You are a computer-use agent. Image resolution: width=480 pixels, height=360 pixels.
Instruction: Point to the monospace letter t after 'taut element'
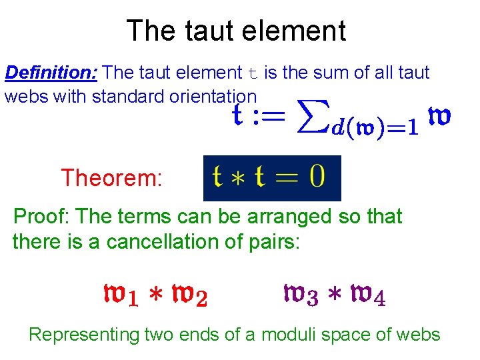251,73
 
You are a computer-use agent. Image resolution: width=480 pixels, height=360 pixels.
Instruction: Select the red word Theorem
111,178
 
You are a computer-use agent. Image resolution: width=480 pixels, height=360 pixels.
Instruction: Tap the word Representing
83,334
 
